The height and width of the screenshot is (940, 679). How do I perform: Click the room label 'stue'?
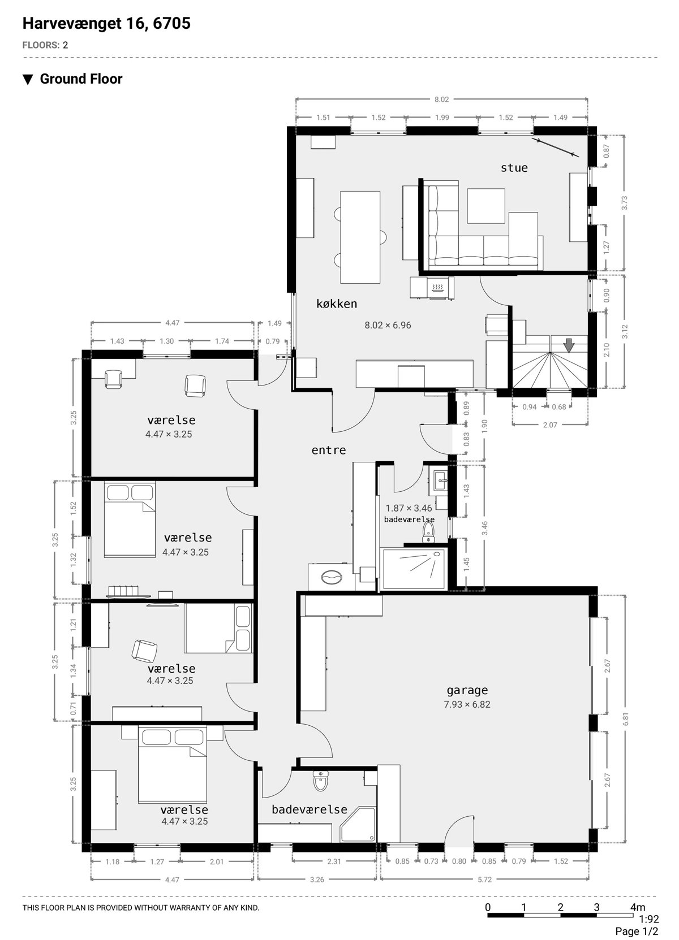pos(514,168)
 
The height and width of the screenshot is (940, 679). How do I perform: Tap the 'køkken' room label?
pos(337,304)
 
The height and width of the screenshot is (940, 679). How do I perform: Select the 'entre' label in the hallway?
pos(329,450)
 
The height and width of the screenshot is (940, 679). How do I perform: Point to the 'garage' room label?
pos(467,690)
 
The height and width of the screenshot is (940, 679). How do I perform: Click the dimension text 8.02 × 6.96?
pos(388,325)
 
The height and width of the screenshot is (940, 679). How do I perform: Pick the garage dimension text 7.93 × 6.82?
pos(467,705)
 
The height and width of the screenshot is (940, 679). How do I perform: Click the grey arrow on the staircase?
pos(569,346)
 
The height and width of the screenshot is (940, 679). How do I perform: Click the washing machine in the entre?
pos(331,578)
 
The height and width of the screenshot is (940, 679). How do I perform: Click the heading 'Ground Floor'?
pos(81,79)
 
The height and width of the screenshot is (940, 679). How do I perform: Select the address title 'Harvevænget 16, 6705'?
pos(106,24)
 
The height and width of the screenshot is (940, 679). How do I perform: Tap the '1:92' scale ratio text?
pos(649,919)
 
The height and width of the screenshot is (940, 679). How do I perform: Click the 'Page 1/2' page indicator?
pos(637,932)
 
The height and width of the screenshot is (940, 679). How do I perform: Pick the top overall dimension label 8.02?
pos(441,99)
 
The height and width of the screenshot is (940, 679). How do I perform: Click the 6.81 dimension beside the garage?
pos(626,719)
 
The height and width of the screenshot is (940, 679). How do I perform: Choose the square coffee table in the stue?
pos(485,206)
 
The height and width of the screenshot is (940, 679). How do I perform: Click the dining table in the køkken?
pos(360,237)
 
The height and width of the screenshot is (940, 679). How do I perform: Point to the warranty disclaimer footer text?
pos(141,908)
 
